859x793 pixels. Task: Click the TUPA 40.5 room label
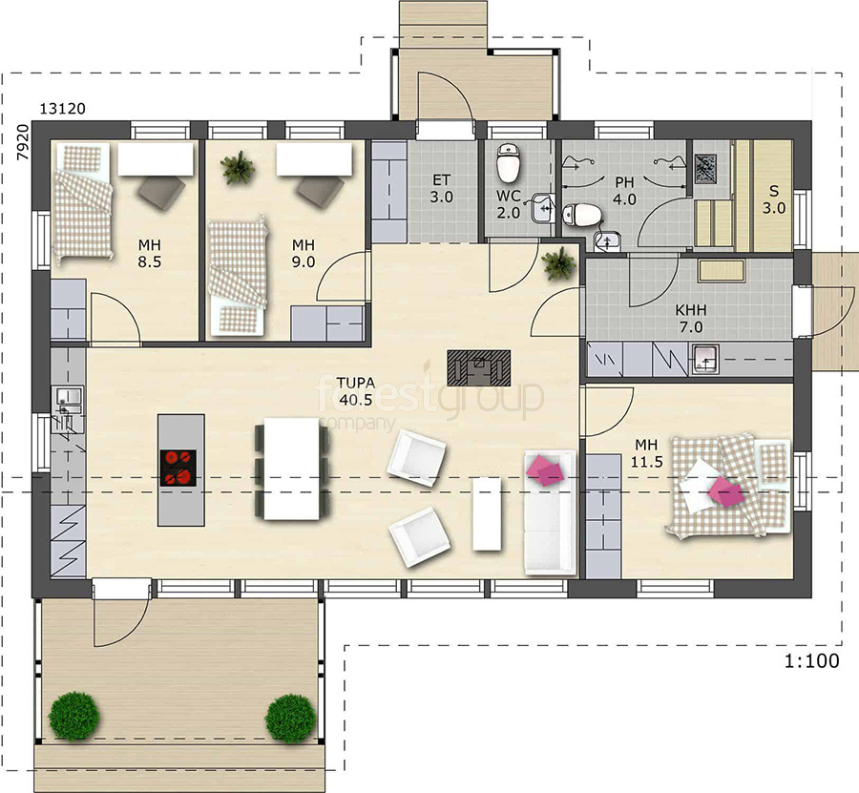[x=356, y=391]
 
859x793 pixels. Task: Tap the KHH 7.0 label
[x=691, y=319]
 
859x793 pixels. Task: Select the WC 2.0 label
[x=509, y=204]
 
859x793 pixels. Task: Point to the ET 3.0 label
[x=442, y=188]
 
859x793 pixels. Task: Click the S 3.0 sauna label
[x=774, y=199]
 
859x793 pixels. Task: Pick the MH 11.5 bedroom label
[x=647, y=453]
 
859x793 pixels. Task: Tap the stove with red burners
[x=178, y=468]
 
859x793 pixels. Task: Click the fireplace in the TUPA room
[x=479, y=368]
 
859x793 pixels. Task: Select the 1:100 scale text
[x=812, y=661]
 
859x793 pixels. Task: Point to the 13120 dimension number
[x=62, y=109]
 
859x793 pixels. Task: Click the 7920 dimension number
[x=22, y=142]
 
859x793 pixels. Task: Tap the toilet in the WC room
[x=508, y=163]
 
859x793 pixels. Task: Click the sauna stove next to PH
[x=705, y=169]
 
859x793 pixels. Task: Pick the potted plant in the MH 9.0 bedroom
[x=238, y=167]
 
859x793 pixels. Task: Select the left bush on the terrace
[x=73, y=717]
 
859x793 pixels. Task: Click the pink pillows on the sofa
[x=544, y=470]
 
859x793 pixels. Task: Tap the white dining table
[x=291, y=469]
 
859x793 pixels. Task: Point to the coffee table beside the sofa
[x=487, y=513]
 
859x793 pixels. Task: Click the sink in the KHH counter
[x=705, y=359]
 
